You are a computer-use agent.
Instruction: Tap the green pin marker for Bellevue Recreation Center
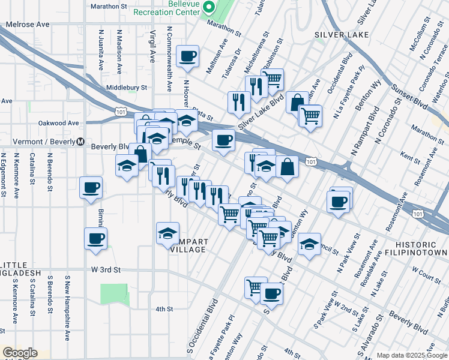(x=208, y=8)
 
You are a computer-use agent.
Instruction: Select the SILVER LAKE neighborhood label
(x=340, y=35)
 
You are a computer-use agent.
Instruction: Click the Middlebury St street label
(x=126, y=88)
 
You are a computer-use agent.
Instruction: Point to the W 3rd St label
(x=106, y=270)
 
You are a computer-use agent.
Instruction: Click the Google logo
(x=20, y=353)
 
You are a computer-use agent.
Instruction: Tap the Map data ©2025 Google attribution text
(x=412, y=355)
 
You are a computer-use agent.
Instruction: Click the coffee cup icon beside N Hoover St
(x=188, y=56)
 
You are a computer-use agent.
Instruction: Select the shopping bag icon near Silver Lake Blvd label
(x=297, y=103)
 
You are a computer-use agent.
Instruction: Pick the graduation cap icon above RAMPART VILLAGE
(x=167, y=233)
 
